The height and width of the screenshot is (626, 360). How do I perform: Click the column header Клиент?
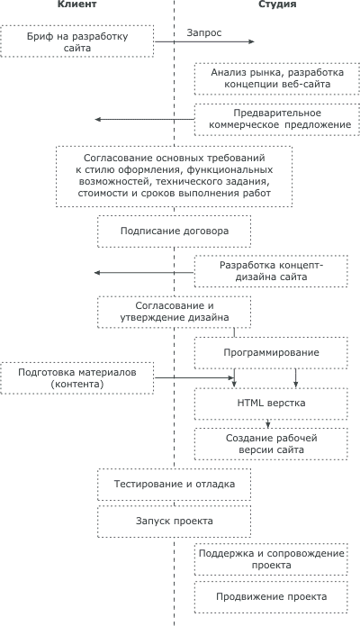pyautogui.click(x=76, y=5)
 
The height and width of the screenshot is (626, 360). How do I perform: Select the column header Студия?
pyautogui.click(x=277, y=5)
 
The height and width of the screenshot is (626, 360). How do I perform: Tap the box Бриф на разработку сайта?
pyautogui.click(x=77, y=41)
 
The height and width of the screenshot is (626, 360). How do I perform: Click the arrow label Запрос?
pyautogui.click(x=204, y=32)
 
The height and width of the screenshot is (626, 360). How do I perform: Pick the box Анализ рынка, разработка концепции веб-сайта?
pyautogui.click(x=277, y=78)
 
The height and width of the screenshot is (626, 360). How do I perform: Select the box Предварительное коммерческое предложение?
pyautogui.click(x=277, y=119)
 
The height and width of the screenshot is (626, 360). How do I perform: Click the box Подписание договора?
pyautogui.click(x=175, y=231)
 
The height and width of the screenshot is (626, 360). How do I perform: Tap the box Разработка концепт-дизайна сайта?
pyautogui.click(x=271, y=271)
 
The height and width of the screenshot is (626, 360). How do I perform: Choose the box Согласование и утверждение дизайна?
pyautogui.click(x=175, y=312)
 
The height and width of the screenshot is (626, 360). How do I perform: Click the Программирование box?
pyautogui.click(x=271, y=353)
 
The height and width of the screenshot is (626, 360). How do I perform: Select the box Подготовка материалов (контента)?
pyautogui.click(x=77, y=378)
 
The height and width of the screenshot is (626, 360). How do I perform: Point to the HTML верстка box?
pyautogui.click(x=271, y=404)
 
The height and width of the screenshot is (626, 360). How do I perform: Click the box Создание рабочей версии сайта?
pyautogui.click(x=271, y=444)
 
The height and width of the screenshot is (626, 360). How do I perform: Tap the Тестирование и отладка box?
pyautogui.click(x=175, y=485)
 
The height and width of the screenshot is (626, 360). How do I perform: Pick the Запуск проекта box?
pyautogui.click(x=175, y=521)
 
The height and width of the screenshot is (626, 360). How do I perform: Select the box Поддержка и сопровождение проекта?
pyautogui.click(x=271, y=559)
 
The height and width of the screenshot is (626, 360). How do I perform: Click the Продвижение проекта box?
pyautogui.click(x=271, y=597)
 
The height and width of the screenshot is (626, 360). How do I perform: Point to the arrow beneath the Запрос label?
pyautogui.click(x=204, y=41)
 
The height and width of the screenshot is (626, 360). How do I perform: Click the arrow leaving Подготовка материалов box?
pyautogui.click(x=194, y=377)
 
